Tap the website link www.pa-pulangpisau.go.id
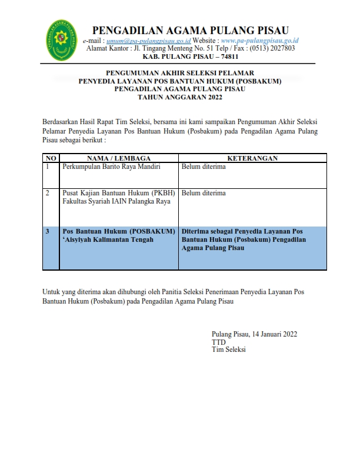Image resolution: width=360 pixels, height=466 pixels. tap(260, 41)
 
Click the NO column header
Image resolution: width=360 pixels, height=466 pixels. tap(51, 158)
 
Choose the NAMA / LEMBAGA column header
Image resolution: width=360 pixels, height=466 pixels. tap(119, 158)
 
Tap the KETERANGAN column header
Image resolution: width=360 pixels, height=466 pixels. tap(252, 158)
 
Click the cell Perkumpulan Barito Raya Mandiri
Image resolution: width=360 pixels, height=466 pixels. tap(112, 167)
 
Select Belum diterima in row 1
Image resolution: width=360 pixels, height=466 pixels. tap(204, 167)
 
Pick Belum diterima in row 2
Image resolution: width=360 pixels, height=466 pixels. tap(204, 193)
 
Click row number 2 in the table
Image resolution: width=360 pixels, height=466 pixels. tap(48, 193)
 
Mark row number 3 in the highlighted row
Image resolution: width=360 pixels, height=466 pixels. tap(48, 231)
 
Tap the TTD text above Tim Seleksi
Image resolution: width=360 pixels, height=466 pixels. tap(218, 342)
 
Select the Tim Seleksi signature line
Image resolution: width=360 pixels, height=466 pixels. tap(229, 349)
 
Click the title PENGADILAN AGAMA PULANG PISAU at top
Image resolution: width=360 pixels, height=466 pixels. tap(190, 30)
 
